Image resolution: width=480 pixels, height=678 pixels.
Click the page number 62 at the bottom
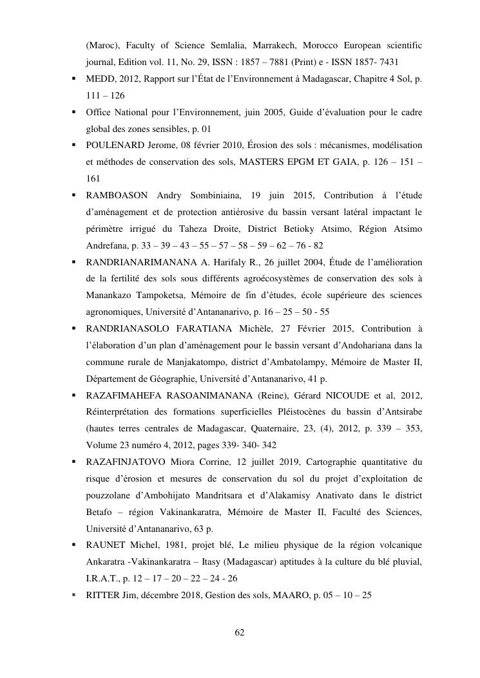[240, 632]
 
